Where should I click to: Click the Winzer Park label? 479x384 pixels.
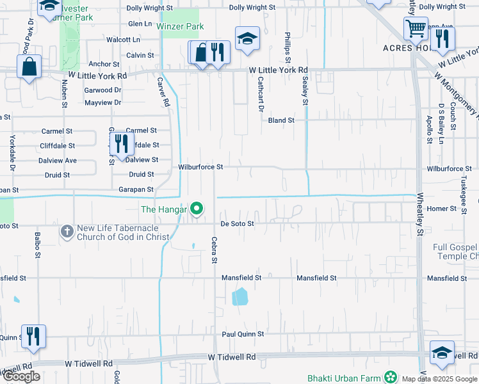tap(181, 27)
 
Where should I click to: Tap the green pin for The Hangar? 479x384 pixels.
tap(198, 209)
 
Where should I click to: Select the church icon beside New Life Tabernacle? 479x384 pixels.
tap(67, 231)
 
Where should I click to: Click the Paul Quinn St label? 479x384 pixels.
tap(243, 334)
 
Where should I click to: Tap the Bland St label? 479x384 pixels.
tap(281, 120)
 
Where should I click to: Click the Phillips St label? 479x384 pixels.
tap(288, 45)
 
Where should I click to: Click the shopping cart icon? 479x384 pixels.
tap(416, 28)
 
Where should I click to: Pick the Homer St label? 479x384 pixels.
tap(441, 209)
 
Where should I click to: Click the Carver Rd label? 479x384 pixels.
tap(165, 92)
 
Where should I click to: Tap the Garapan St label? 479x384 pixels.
tap(136, 189)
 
